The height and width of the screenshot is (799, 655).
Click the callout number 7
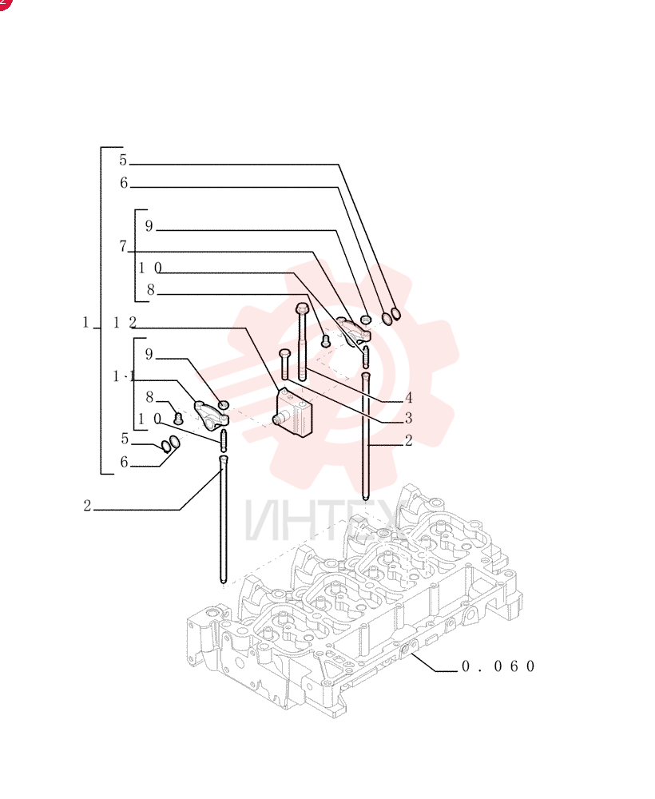[123, 246]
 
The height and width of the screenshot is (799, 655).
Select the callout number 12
[125, 322]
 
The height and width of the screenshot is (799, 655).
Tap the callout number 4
[408, 397]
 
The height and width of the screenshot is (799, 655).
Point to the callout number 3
[408, 418]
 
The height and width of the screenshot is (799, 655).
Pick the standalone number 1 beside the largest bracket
[85, 322]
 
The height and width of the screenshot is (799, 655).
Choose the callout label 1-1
[124, 376]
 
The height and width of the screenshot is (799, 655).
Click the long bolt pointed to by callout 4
[301, 342]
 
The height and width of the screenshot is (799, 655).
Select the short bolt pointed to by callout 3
[284, 364]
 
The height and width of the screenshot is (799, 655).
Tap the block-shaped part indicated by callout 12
[294, 412]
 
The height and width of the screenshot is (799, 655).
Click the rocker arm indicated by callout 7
[354, 330]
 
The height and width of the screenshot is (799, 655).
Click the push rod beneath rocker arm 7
[365, 435]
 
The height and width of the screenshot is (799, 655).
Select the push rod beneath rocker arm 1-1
[223, 519]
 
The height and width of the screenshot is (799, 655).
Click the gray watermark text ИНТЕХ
[326, 521]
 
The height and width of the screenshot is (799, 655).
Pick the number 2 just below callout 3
[408, 440]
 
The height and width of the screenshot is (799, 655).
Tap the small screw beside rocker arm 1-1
[178, 419]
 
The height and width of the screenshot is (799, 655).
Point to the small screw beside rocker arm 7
[326, 341]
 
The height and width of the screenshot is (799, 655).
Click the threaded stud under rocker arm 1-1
[223, 440]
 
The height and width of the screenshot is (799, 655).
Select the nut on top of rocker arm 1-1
[223, 405]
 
